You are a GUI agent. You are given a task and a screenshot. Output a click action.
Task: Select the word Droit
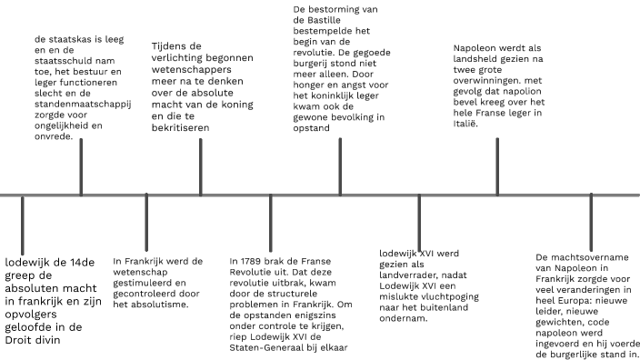23,339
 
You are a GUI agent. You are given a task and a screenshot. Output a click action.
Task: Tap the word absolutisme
159,304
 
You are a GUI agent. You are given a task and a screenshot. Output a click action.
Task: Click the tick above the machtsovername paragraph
591,215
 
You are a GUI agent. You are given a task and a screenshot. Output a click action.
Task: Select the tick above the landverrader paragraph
419,215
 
